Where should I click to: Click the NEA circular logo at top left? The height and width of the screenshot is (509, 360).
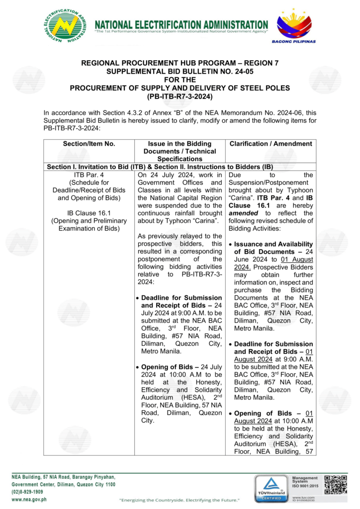point(65,26)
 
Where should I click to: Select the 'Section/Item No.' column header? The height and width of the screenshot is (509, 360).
point(89,144)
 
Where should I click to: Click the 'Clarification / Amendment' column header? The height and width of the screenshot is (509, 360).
point(271,144)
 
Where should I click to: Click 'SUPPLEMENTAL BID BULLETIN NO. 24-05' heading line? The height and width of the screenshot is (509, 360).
point(180,72)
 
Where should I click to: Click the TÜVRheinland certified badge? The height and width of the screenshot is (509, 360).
point(270,488)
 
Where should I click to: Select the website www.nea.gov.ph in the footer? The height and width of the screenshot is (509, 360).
point(29,499)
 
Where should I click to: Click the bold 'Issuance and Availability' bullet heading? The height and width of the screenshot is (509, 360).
point(273,244)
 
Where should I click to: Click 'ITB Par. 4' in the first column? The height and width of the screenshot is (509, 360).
point(89,175)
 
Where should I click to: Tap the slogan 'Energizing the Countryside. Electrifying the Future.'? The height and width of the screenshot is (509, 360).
point(180,499)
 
